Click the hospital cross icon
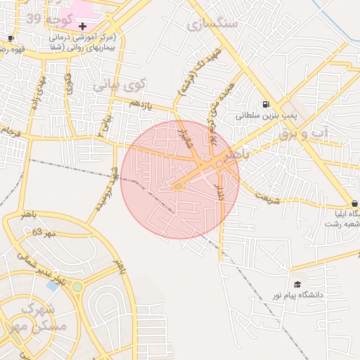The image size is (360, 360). tap(82, 25)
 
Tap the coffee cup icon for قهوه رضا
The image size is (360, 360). tap(11, 38)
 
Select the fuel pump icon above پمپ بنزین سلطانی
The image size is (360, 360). tap(266, 102)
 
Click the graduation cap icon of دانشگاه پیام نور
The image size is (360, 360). tap(297, 284)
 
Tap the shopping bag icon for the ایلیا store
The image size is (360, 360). tap(354, 202)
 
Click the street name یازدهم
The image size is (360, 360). tap(140, 103)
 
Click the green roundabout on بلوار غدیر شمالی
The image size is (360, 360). tap(77, 287)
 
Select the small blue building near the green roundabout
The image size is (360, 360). tap(53, 286)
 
